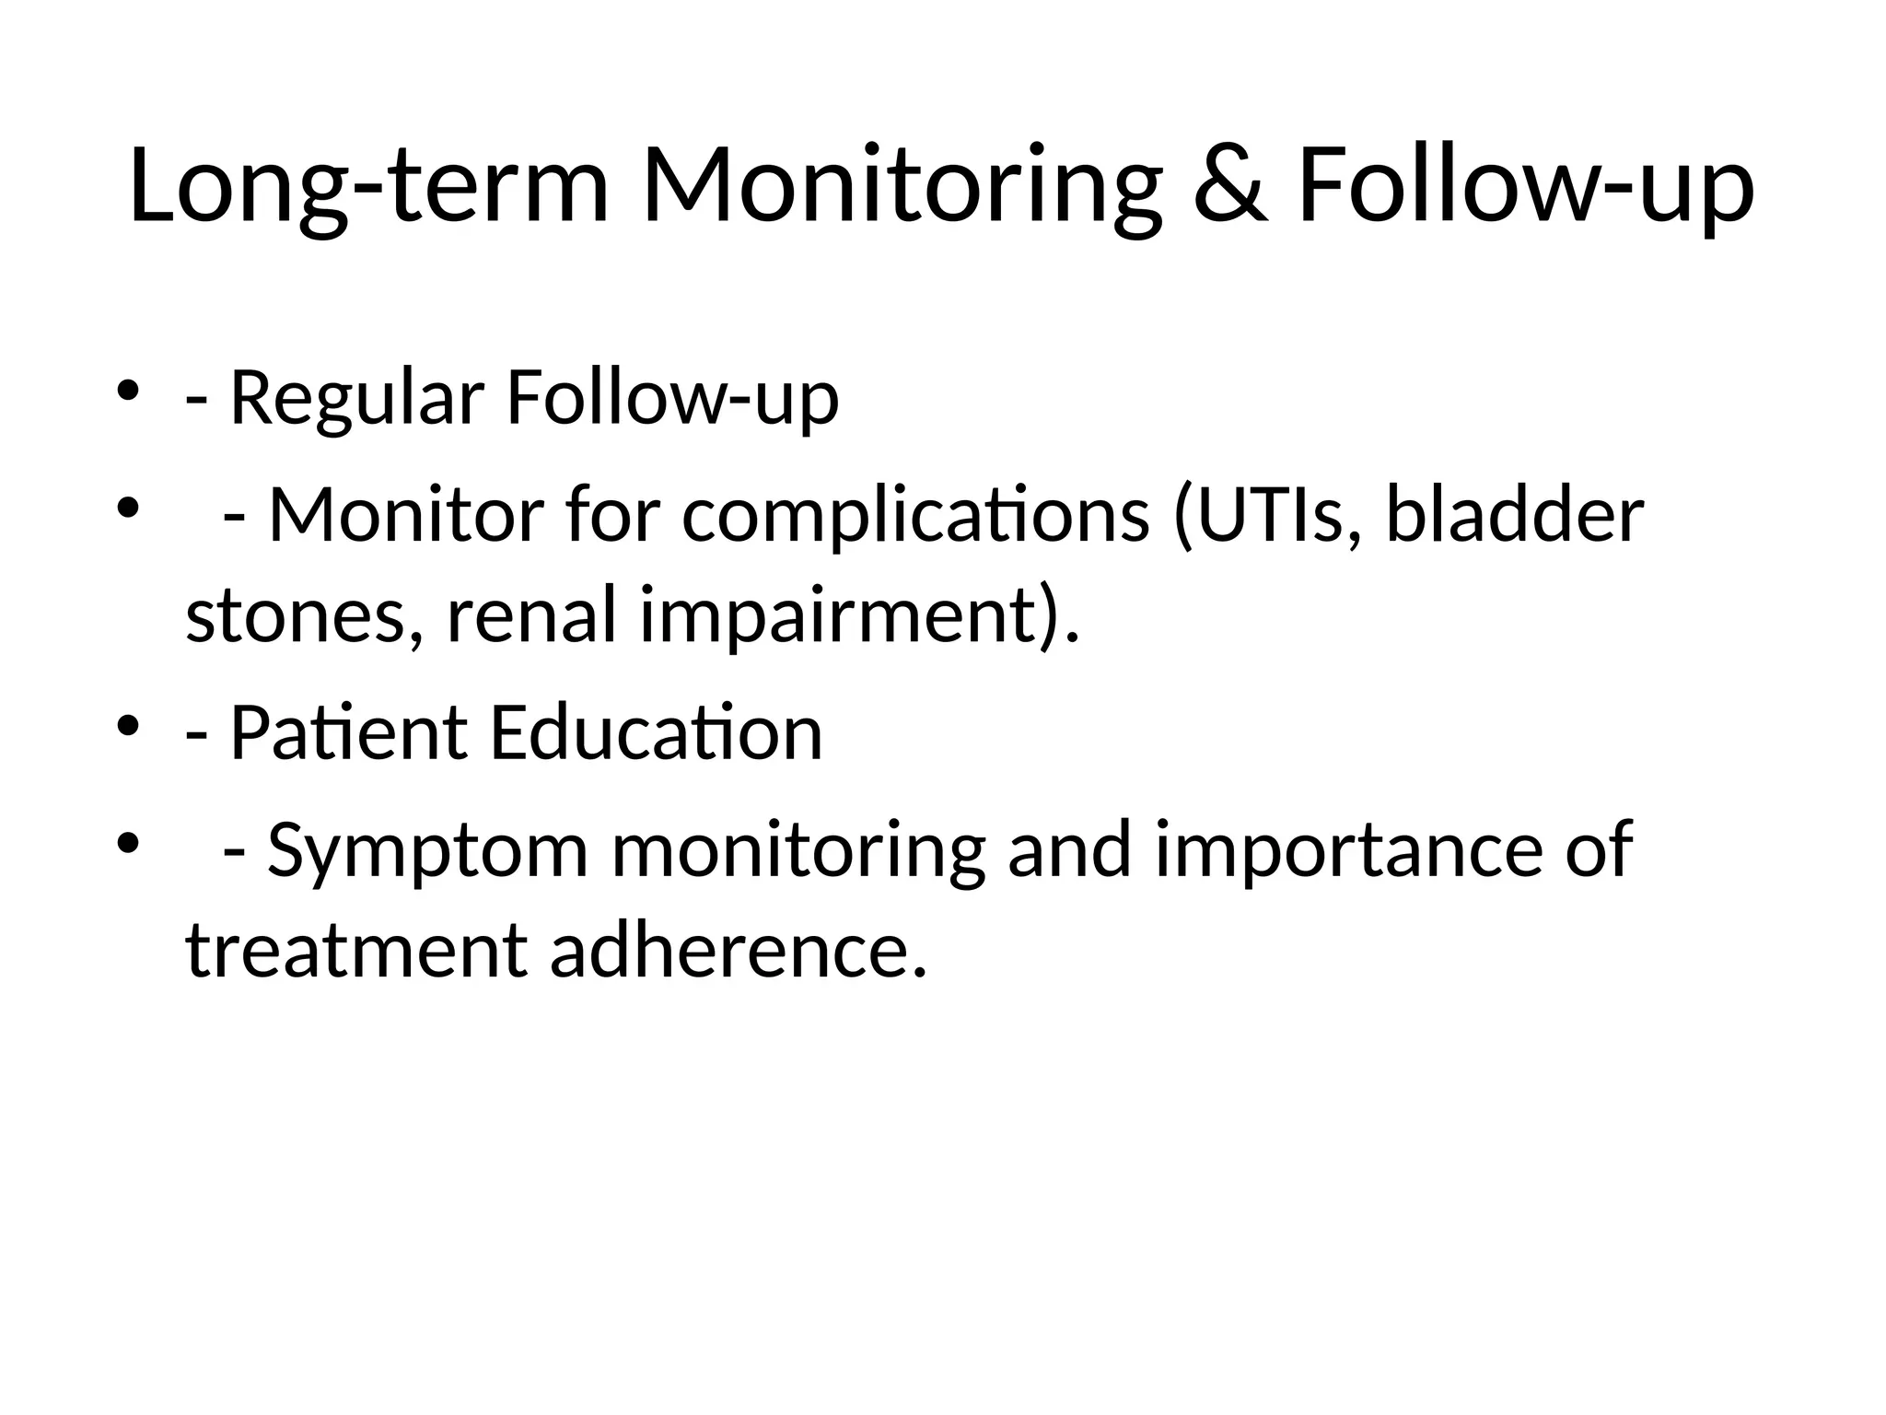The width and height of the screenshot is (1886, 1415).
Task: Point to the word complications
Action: [x=915, y=515]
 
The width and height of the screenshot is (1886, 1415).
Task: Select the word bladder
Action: [x=1514, y=515]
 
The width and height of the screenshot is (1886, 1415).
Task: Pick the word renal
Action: [x=530, y=616]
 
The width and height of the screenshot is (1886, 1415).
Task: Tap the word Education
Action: [x=656, y=733]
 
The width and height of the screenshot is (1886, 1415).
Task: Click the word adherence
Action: [x=738, y=952]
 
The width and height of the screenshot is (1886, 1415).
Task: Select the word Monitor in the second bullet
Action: [x=405, y=515]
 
